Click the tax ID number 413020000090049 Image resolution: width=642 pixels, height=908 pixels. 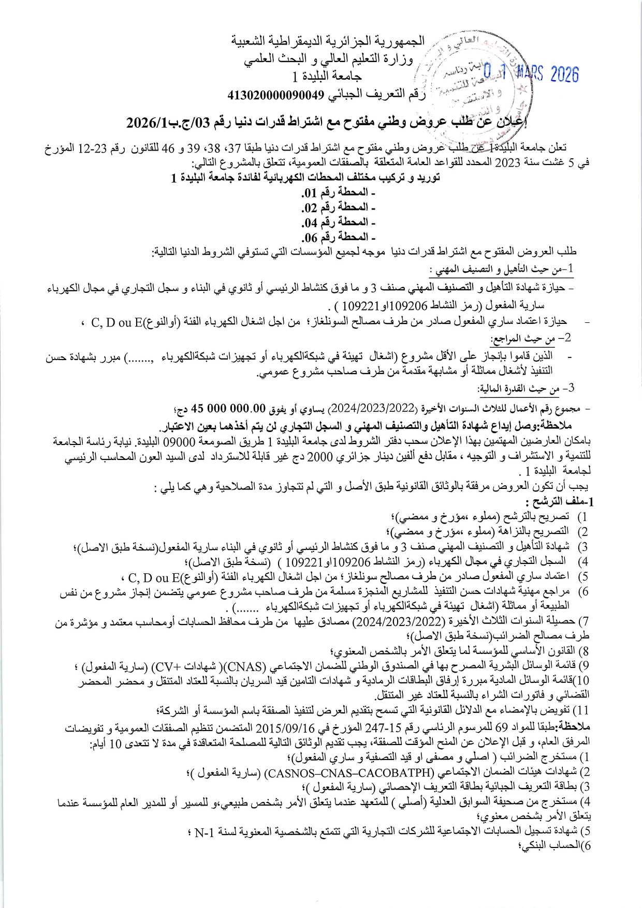click(x=275, y=95)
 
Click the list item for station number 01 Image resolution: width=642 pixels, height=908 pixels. click(x=338, y=192)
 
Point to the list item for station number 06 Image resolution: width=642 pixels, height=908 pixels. click(x=338, y=237)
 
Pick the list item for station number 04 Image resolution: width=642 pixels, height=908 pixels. click(x=338, y=222)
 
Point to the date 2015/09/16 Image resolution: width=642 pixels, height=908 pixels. click(x=280, y=727)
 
